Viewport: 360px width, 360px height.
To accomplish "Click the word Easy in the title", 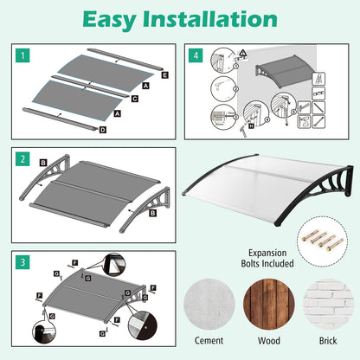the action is pos(109,20).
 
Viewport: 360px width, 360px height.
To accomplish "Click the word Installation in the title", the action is pos(210,19).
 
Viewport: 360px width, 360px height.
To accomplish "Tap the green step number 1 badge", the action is pos(22,55).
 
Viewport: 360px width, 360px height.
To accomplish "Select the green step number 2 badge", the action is pos(22,159).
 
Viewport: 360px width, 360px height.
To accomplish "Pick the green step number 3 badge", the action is pos(22,262).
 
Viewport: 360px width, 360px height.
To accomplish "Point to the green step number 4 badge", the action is pos(196,55).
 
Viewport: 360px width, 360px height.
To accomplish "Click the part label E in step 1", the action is pos(164,75).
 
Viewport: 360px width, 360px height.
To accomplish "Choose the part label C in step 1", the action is pos(135,99).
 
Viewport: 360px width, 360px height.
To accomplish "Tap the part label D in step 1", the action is pos(103,130).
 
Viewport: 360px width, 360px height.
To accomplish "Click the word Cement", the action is pos(209,340).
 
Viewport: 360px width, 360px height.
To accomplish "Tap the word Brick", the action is pos(328,341).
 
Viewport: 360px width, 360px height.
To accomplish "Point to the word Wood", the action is pos(269,341).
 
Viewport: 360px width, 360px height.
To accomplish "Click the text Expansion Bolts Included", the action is pos(267,258).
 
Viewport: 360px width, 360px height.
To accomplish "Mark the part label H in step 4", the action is pos(251,126).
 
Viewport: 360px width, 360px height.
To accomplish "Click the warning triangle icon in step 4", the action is pos(243,54).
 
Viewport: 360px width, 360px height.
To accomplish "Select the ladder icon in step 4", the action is pos(318,79).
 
